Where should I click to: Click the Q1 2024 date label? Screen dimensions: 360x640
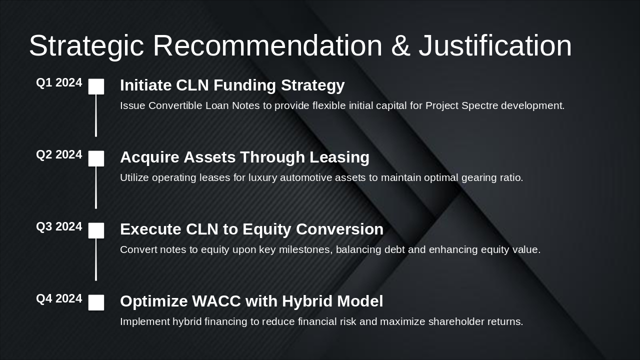[59, 83]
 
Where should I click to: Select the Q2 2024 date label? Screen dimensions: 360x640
[59, 155]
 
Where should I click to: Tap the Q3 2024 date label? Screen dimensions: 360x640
[59, 227]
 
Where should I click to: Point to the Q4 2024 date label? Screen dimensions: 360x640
[59, 299]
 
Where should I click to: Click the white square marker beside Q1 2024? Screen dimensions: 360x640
[96, 86]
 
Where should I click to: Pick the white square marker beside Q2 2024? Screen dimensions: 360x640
[96, 158]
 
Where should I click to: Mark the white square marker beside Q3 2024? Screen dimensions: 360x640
[96, 230]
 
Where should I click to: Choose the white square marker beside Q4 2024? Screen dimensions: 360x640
[96, 302]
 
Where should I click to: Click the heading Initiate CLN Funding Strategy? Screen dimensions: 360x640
[232, 85]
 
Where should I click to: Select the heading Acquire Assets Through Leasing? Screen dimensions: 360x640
[244, 157]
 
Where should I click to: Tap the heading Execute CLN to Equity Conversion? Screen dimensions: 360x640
[251, 229]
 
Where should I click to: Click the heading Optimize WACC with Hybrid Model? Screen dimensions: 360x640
[251, 301]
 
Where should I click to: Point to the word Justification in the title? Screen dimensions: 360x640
[495, 46]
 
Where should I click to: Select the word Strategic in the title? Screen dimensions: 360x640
[86, 46]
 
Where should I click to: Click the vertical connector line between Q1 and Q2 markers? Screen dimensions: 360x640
[96, 116]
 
